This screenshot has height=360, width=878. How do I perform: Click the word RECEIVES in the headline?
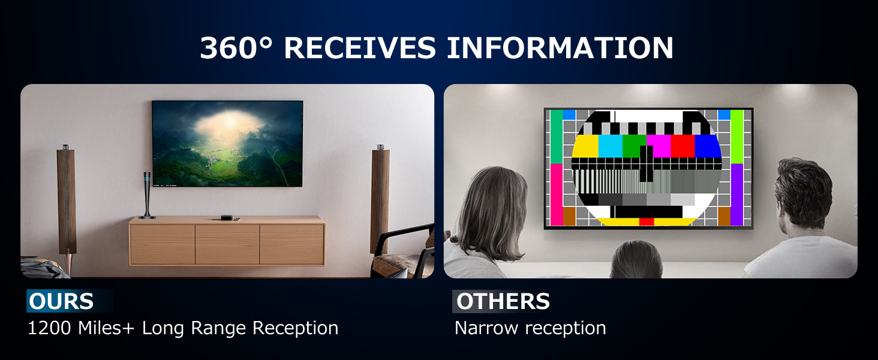tap(360, 48)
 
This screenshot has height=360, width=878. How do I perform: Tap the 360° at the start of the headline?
tap(236, 48)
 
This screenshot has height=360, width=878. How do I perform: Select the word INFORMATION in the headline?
tap(560, 48)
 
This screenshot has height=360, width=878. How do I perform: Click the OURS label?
tap(61, 301)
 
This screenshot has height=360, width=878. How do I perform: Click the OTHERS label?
tap(503, 301)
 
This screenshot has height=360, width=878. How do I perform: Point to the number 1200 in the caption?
tap(49, 328)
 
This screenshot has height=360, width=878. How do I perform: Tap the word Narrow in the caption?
tap(486, 328)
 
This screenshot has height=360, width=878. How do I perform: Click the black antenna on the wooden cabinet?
tap(147, 195)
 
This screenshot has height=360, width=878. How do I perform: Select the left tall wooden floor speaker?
tap(66, 204)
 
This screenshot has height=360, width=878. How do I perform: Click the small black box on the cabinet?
tap(225, 218)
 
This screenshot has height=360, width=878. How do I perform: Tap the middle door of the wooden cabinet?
tap(227, 244)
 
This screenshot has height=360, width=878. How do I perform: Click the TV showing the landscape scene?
tap(227, 143)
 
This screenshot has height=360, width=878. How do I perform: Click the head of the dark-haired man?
tap(804, 194)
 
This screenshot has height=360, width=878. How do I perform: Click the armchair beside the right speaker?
tap(404, 253)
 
